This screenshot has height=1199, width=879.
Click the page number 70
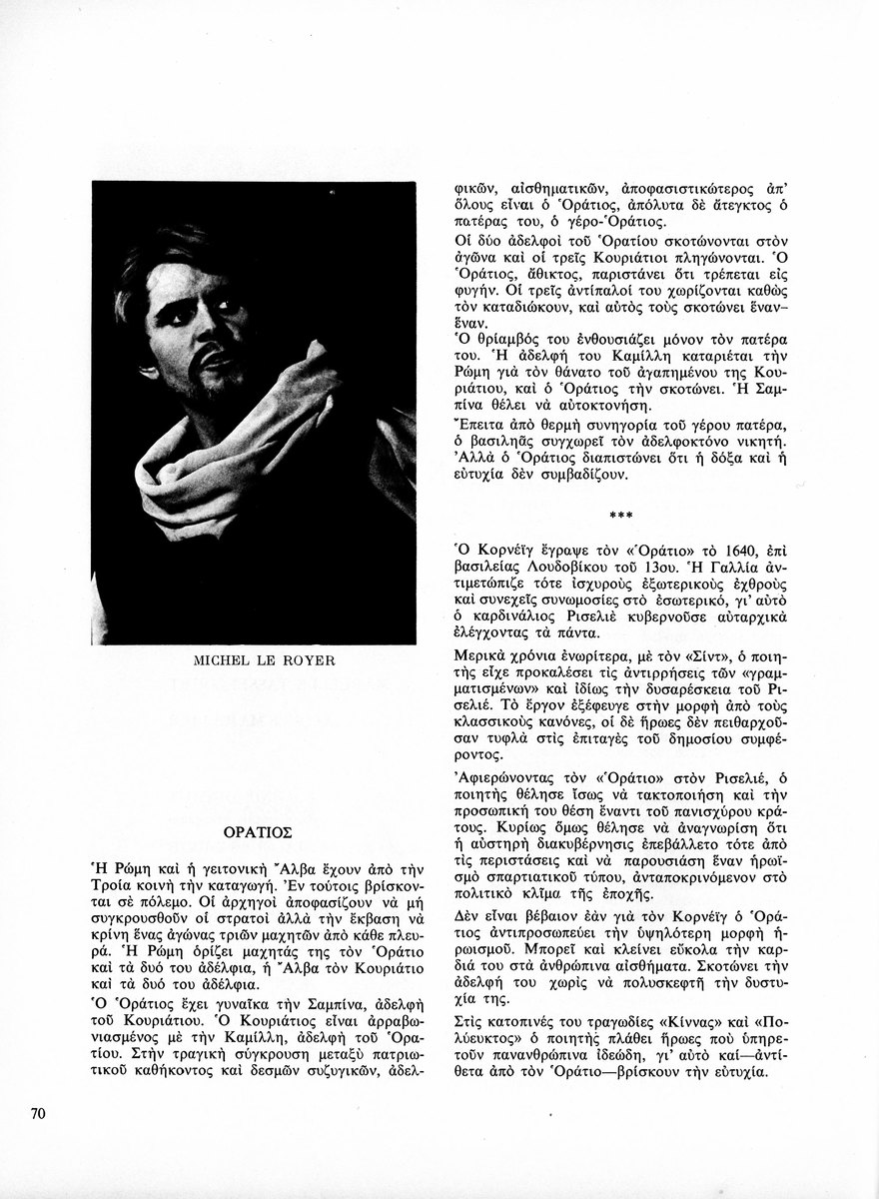40,1112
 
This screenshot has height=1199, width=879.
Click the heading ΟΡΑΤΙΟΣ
256,830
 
